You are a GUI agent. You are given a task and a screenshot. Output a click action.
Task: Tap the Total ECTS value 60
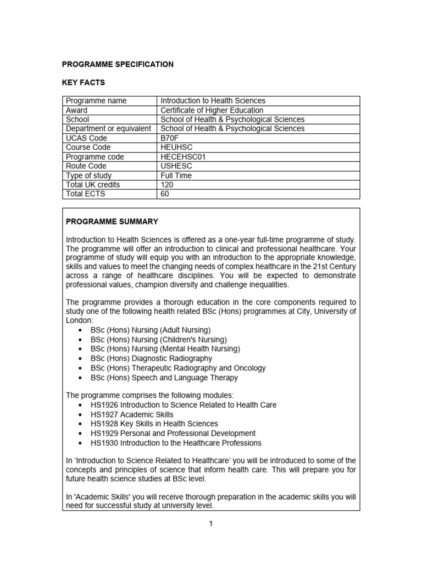(165, 194)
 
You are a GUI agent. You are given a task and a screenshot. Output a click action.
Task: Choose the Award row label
(77, 110)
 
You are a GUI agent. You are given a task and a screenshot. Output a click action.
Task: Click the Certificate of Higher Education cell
(212, 110)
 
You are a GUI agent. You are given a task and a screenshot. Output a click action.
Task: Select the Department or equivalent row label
(108, 129)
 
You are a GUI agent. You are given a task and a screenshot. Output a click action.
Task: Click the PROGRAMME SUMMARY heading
(112, 222)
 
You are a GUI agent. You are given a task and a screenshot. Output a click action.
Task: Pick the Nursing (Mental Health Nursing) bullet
(165, 349)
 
